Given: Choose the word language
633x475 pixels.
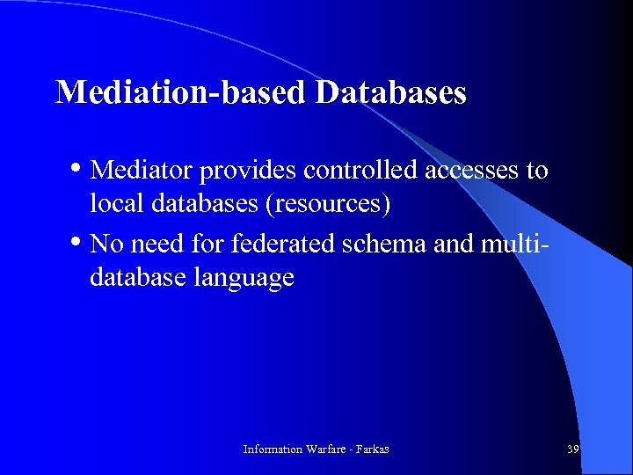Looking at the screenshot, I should [x=250, y=279].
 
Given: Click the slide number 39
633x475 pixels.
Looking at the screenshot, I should [x=572, y=449].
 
